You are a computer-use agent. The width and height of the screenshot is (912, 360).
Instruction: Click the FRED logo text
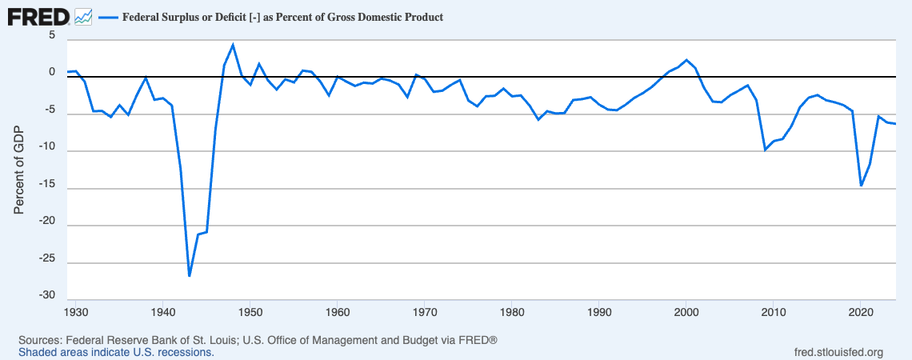coord(38,15)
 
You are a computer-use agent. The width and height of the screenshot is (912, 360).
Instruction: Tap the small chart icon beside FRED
coord(82,16)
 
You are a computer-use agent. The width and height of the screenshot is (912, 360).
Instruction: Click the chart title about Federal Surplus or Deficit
coord(282,17)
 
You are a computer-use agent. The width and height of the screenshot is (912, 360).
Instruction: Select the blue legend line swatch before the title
coord(107,17)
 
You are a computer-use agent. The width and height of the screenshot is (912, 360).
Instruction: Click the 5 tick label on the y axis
coord(52,35)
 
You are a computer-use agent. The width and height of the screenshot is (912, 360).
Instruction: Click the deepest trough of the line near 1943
coord(189,276)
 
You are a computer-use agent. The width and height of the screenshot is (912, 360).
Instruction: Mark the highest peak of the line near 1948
coord(233,45)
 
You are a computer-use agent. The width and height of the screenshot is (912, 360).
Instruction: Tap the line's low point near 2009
coord(766,150)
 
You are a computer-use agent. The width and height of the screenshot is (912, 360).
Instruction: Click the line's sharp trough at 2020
coord(861,186)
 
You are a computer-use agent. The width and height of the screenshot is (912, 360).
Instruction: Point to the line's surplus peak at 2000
coord(686,60)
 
